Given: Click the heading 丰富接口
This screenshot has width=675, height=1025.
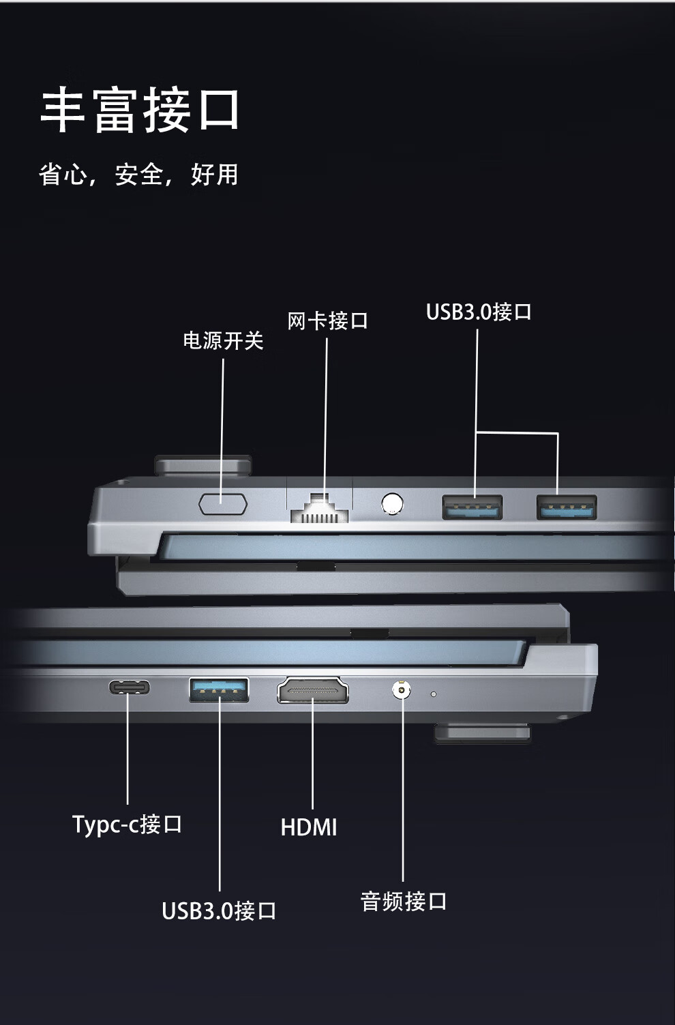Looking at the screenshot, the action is pos(140,110).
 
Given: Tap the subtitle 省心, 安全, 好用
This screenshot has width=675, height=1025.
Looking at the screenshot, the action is pos(138,175).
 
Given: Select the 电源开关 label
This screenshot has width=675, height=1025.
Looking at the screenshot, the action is pos(223,340).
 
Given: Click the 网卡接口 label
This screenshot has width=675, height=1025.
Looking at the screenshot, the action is pos(327,321).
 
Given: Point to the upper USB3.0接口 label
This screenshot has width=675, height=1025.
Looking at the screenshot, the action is pos(479,312).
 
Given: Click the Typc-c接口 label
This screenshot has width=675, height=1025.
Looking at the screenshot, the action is pos(127,824).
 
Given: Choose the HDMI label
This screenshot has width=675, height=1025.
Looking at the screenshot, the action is pos(309,827).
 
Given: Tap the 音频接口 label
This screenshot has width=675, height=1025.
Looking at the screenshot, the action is pos(403,901).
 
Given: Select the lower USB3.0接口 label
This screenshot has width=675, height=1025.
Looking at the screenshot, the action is pos(219,910).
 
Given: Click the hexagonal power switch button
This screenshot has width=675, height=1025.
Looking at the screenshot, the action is pos(223,504).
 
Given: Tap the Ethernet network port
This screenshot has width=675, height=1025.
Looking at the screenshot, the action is pos(320,507).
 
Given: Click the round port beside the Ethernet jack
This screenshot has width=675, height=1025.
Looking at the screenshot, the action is pos(392,504).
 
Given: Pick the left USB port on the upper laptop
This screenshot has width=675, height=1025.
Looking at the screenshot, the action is pos(472,507).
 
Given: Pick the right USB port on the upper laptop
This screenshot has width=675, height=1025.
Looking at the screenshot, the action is pos(567,507).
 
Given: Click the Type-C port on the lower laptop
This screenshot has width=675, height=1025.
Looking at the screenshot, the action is pos(129,687).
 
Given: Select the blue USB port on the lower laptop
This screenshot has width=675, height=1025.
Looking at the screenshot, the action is pos(219,689).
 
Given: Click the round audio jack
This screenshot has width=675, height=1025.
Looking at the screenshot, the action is pos(402,689).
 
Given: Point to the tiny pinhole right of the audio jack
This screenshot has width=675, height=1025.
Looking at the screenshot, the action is pos(434,694).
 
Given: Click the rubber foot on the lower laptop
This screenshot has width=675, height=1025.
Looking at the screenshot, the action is pos(483,733).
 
